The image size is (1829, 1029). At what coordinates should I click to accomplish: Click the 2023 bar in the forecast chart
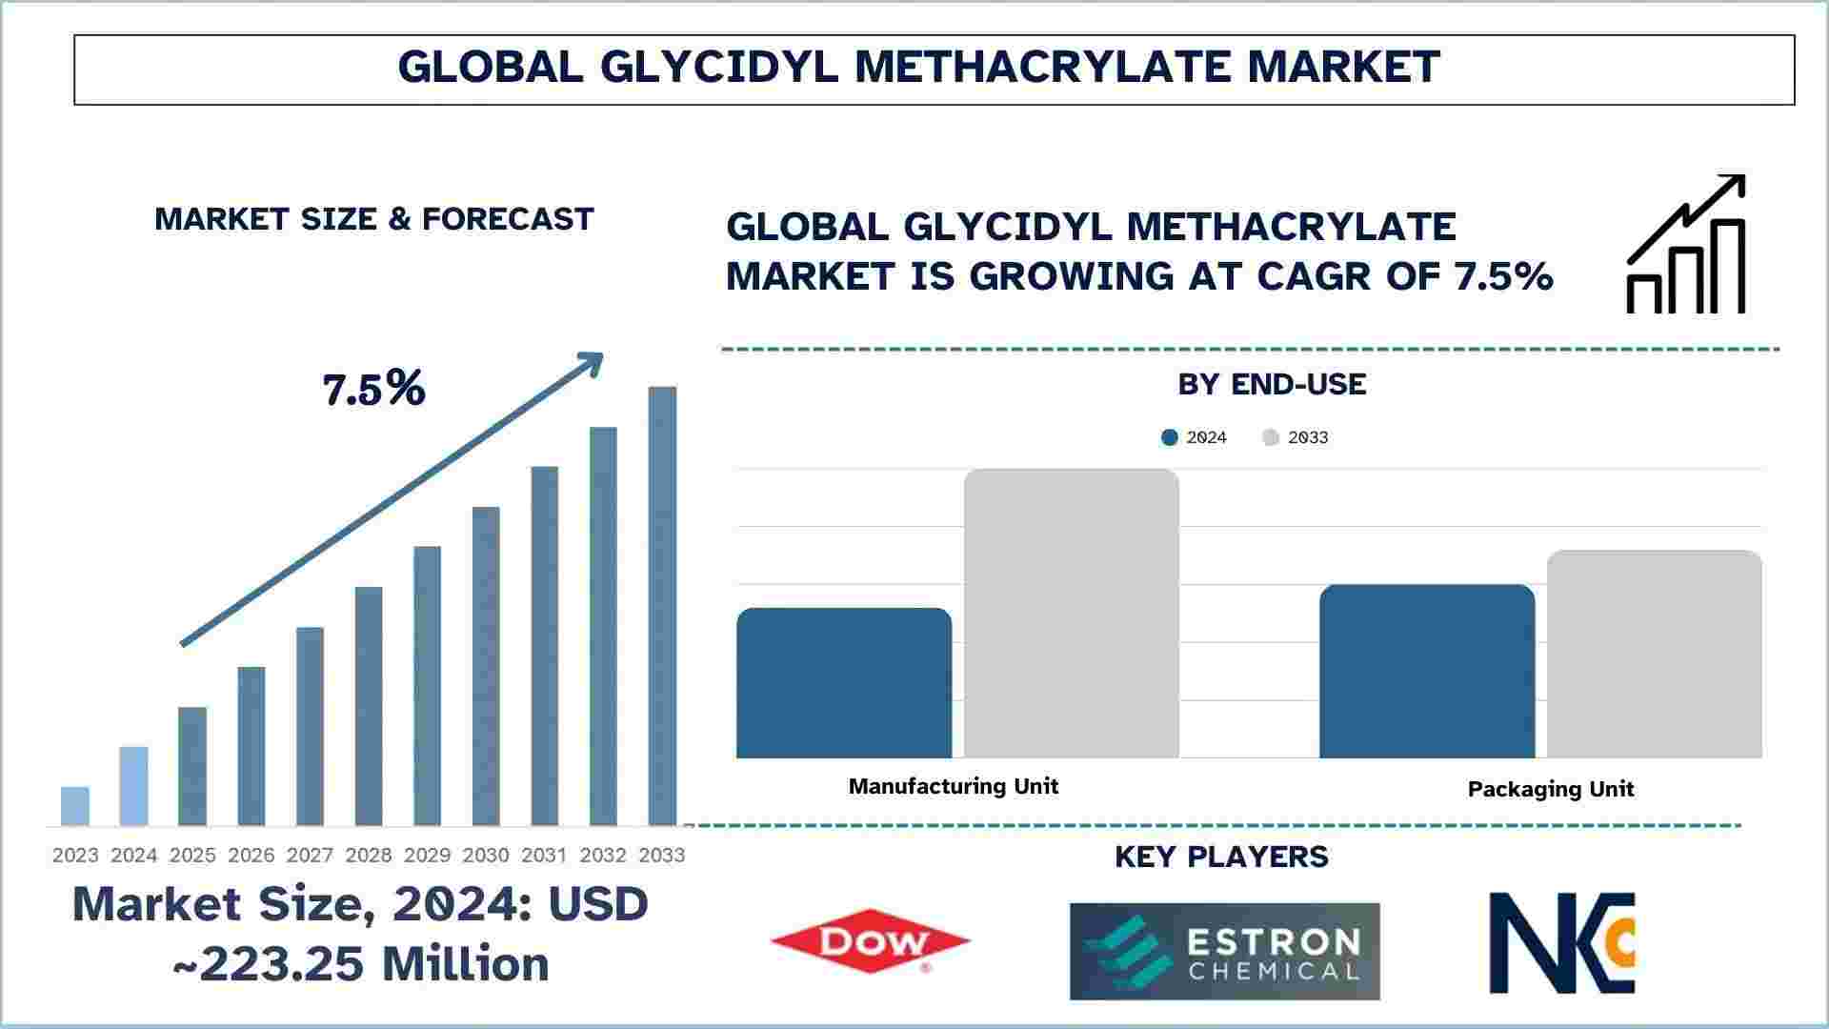pyautogui.click(x=75, y=806)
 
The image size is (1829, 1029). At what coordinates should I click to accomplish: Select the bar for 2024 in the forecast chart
pyautogui.click(x=134, y=786)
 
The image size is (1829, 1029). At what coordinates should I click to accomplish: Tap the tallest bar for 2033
pyautogui.click(x=663, y=606)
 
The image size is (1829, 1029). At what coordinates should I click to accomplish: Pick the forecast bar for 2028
pyautogui.click(x=369, y=706)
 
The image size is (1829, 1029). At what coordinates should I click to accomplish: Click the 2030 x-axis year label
pyautogui.click(x=486, y=856)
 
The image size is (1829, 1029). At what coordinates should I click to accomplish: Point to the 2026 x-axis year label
pyautogui.click(x=251, y=856)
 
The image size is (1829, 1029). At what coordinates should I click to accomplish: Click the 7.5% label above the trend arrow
pyautogui.click(x=373, y=389)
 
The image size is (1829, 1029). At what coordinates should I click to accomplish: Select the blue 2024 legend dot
pyautogui.click(x=1170, y=437)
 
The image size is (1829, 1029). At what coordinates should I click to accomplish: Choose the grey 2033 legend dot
pyautogui.click(x=1271, y=437)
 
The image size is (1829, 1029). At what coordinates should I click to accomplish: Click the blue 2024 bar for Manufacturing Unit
pyautogui.click(x=844, y=683)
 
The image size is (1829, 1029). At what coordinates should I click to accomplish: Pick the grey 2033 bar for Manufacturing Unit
pyautogui.click(x=1072, y=614)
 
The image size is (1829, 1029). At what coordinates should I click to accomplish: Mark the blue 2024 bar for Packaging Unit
pyautogui.click(x=1427, y=672)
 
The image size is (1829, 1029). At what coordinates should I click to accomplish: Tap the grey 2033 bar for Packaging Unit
pyautogui.click(x=1655, y=655)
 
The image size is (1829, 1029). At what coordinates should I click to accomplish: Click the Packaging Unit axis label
pyautogui.click(x=1551, y=789)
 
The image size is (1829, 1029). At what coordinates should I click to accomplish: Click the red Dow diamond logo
pyautogui.click(x=870, y=941)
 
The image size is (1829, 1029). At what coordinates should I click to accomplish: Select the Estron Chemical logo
pyautogui.click(x=1224, y=951)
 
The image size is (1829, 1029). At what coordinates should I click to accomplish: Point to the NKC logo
pyautogui.click(x=1562, y=942)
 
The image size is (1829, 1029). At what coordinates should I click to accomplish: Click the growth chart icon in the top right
pyautogui.click(x=1686, y=244)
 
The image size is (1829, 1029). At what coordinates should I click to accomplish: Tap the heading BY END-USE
pyautogui.click(x=1272, y=385)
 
